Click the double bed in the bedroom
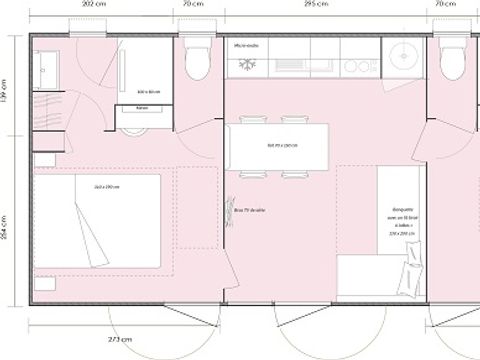point(99,221)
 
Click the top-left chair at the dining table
point(246,123)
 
